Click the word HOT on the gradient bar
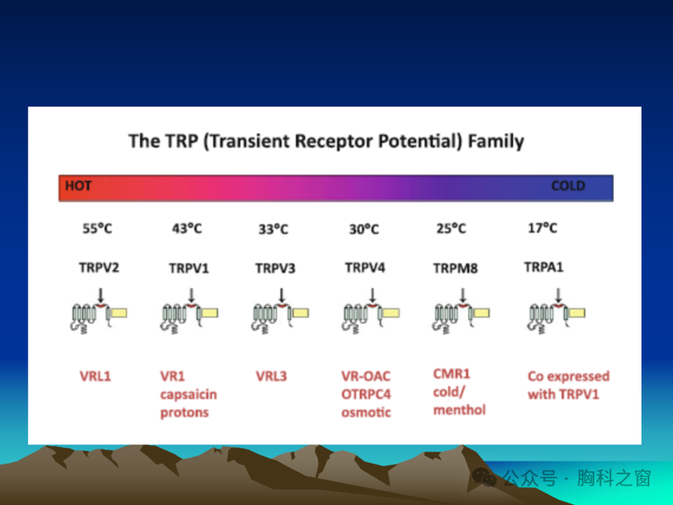77,185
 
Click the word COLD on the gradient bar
568,186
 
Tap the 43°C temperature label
187,228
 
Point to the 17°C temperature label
542,227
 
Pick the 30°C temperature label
363,229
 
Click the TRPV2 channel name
100,268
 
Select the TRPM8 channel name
455,268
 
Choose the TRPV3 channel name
276,268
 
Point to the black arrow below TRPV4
372,295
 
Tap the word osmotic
366,412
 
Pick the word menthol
459,410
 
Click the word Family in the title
495,141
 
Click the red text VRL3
271,376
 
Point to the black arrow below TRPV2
102,295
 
